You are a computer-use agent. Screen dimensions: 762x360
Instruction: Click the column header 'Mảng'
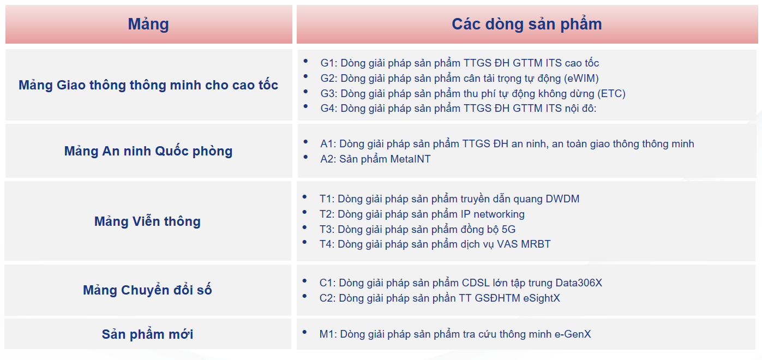pyautogui.click(x=148, y=25)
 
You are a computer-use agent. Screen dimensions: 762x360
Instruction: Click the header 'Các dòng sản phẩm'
pyautogui.click(x=526, y=25)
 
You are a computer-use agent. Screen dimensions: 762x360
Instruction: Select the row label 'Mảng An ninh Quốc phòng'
pyautogui.click(x=148, y=151)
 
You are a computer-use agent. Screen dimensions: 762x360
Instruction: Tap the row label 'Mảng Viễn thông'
pyautogui.click(x=147, y=221)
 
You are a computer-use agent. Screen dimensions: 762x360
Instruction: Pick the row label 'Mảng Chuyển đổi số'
pyautogui.click(x=147, y=290)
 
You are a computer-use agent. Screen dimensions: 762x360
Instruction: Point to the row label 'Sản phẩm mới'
pyautogui.click(x=147, y=334)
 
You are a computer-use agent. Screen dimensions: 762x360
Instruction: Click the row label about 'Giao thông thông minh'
pyautogui.click(x=148, y=85)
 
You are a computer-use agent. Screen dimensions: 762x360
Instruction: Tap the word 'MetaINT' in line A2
pyautogui.click(x=410, y=159)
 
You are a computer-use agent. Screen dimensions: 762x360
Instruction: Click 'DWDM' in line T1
pyautogui.click(x=562, y=199)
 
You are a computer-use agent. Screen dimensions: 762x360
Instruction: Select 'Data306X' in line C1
pyautogui.click(x=579, y=283)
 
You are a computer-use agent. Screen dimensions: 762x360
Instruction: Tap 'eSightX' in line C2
pyautogui.click(x=542, y=298)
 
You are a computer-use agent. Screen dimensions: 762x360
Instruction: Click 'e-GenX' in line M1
pyautogui.click(x=573, y=334)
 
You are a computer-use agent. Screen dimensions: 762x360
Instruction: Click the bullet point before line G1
pyautogui.click(x=305, y=61)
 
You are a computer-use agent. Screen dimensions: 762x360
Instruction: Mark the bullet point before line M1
pyautogui.click(x=304, y=332)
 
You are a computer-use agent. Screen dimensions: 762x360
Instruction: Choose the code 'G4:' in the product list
pyautogui.click(x=328, y=108)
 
